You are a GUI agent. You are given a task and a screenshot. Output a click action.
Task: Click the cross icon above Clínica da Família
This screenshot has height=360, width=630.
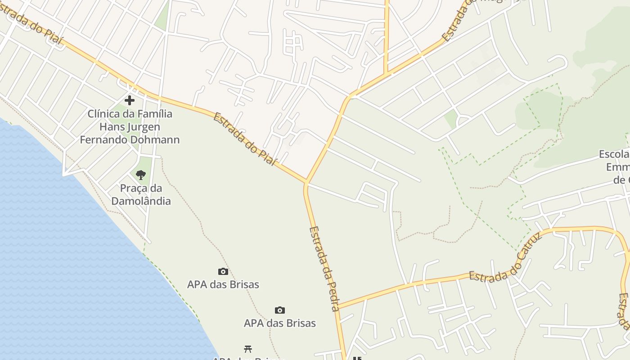click(x=130, y=100)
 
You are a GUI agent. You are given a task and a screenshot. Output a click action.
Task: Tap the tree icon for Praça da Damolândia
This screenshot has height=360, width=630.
click(x=141, y=175)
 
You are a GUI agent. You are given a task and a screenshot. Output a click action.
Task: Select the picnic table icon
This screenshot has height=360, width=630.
click(x=247, y=349)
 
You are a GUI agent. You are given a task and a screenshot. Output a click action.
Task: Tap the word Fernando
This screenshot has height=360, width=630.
click(x=103, y=139)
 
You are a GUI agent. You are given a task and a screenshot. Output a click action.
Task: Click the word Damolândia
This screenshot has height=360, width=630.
click(x=141, y=201)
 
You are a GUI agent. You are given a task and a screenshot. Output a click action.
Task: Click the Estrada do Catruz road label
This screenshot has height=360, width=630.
click(x=505, y=261)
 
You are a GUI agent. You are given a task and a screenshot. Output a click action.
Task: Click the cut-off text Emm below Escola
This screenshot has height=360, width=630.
click(x=618, y=167)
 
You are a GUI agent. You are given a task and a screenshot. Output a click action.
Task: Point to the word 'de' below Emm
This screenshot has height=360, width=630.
click(x=619, y=180)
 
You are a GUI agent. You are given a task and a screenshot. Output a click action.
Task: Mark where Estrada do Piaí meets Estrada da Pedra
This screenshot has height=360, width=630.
click(x=306, y=183)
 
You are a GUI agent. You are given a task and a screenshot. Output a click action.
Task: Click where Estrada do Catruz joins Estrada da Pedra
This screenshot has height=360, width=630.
click(x=337, y=307)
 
